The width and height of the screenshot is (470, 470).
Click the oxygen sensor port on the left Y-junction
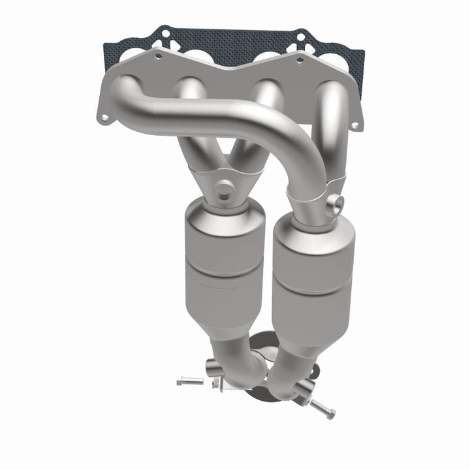226,191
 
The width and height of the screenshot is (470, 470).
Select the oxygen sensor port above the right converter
336,204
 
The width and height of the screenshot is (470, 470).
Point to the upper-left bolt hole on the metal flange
157,59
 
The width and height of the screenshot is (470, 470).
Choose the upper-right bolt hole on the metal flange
299,61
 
